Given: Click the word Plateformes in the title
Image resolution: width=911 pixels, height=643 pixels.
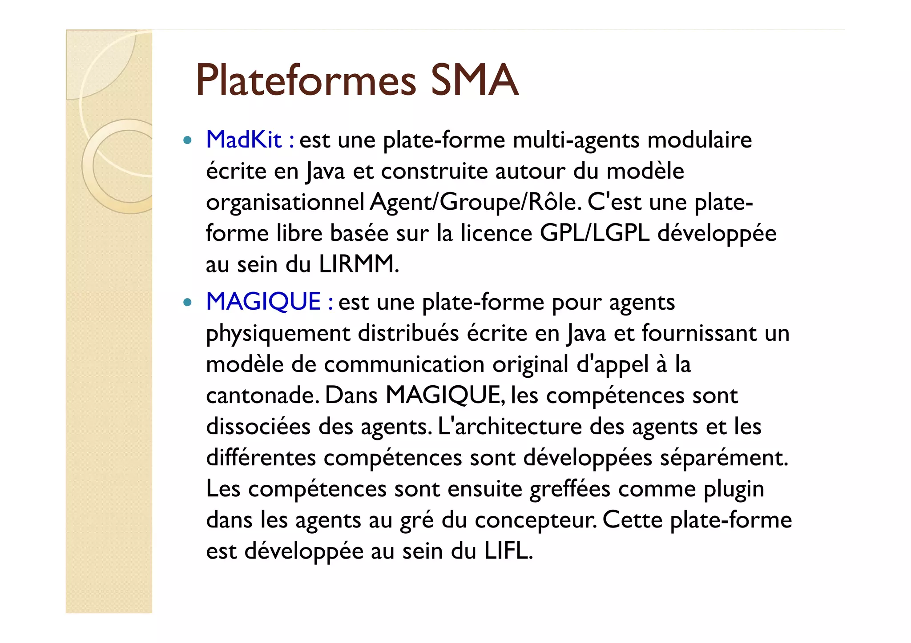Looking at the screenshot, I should pyautogui.click(x=306, y=80).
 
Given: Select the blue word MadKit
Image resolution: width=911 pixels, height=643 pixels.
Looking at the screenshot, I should pyautogui.click(x=244, y=140).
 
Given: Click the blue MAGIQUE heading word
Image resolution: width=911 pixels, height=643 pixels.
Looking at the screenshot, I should pyautogui.click(x=263, y=302).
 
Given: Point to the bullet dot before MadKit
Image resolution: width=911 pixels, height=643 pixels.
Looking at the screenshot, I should pyautogui.click(x=187, y=141).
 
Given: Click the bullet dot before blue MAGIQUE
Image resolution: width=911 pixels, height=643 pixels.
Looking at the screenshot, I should pyautogui.click(x=187, y=303).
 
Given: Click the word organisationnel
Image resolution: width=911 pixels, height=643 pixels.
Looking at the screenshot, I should pyautogui.click(x=285, y=203).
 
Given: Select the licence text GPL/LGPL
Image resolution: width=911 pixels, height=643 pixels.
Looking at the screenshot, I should pyautogui.click(x=595, y=233).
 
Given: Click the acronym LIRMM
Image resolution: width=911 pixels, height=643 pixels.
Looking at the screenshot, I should pyautogui.click(x=359, y=264).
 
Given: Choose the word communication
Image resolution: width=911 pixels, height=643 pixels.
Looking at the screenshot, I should pyautogui.click(x=404, y=365).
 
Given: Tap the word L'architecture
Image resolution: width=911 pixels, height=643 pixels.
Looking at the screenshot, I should pyautogui.click(x=510, y=427).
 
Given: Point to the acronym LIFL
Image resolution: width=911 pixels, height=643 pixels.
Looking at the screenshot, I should pyautogui.click(x=508, y=551).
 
